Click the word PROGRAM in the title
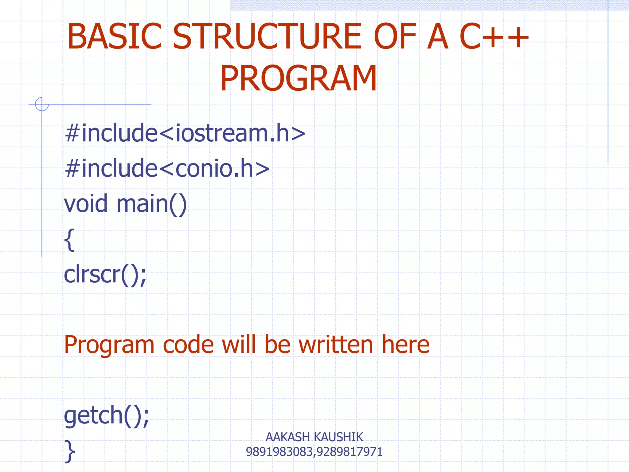click(x=298, y=79)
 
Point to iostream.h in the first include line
click(x=232, y=133)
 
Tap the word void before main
click(x=86, y=203)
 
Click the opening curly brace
click(x=69, y=240)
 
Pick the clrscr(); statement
click(x=105, y=274)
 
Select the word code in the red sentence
click(x=188, y=345)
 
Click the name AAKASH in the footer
click(x=287, y=437)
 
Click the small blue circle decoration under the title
click(x=42, y=104)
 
